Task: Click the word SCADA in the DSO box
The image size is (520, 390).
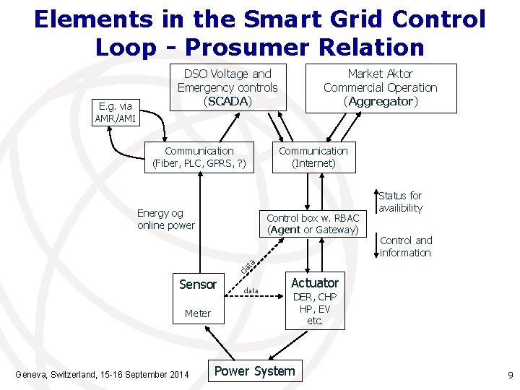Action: tap(227, 101)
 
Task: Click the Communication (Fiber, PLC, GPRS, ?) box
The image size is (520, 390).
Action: tap(199, 157)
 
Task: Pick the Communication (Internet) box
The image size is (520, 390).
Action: tap(313, 157)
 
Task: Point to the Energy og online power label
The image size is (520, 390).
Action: tap(166, 219)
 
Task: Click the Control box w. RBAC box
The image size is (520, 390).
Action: tap(313, 224)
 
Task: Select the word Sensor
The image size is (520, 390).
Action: tap(198, 284)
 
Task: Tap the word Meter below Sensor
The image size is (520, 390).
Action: tap(198, 313)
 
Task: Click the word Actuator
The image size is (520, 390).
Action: tap(314, 282)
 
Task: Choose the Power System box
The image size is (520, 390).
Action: tap(255, 371)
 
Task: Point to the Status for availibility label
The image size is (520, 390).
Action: tap(400, 201)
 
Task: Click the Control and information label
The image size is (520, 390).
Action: tap(406, 246)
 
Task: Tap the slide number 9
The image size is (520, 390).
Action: tap(510, 376)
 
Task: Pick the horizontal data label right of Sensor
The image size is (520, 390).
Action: tap(251, 290)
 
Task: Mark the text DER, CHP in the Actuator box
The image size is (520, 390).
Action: tap(314, 298)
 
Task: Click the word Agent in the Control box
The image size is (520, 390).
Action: tap(286, 230)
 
